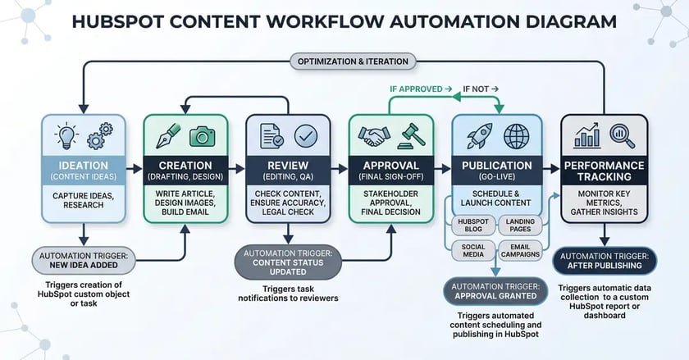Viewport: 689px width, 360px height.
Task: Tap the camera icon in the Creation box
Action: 199,136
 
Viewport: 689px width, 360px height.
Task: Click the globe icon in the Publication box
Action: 517,134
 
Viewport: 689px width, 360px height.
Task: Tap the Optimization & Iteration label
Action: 352,62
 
